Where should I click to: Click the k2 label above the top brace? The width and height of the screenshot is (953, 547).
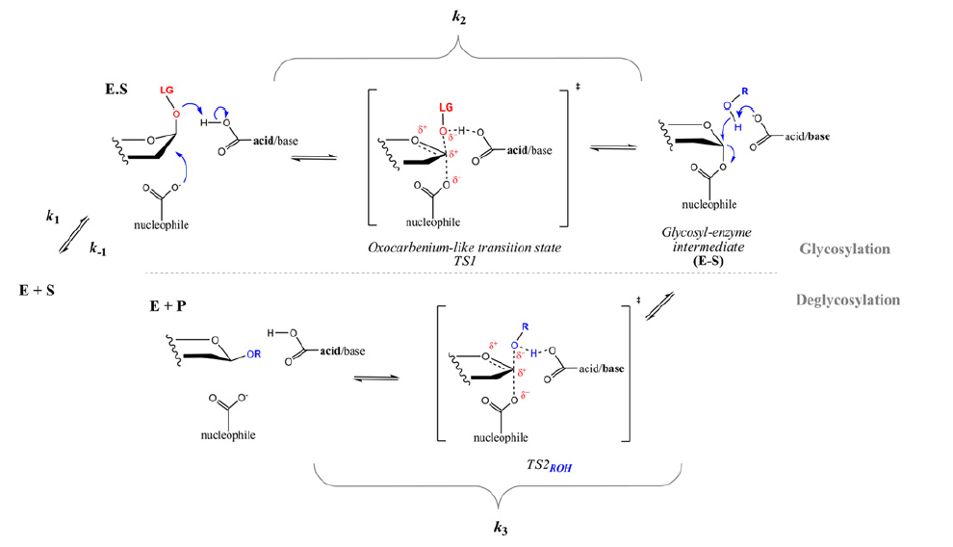[x=459, y=17]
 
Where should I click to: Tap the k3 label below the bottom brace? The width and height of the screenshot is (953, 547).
[x=501, y=528]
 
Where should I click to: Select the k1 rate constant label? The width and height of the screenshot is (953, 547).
[x=53, y=217]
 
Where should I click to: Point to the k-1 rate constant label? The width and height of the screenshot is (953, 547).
[x=97, y=247]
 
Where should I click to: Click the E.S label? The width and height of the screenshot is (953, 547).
[x=116, y=90]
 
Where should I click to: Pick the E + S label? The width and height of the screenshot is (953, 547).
[x=38, y=291]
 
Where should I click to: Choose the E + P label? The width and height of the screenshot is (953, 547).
[x=167, y=306]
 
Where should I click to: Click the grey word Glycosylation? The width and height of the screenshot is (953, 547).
[x=844, y=249]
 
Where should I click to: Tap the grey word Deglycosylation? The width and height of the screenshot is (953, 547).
[x=848, y=300]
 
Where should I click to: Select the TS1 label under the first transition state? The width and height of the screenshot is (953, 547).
[x=464, y=261]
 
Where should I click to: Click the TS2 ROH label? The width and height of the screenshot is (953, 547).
[x=549, y=465]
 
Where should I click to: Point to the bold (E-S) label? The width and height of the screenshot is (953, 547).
[x=708, y=261]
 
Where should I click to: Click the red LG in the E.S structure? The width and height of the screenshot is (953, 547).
[x=167, y=90]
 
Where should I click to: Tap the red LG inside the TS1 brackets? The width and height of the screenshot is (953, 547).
[x=446, y=108]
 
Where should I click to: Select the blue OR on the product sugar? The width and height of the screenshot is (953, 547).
[x=253, y=353]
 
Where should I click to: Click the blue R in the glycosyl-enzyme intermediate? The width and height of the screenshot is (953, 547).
[x=744, y=91]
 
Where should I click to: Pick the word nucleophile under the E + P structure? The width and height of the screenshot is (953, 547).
[x=228, y=435]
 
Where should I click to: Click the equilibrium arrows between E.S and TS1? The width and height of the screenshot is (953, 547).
[x=314, y=157]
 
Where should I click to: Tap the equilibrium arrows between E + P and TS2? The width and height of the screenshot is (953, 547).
[x=376, y=378]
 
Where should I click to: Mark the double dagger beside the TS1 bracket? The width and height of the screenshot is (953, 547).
[x=578, y=87]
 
